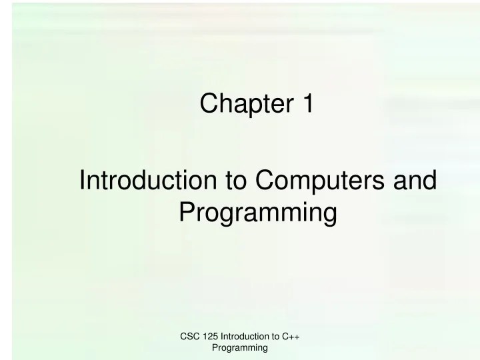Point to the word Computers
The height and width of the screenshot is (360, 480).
coord(322,182)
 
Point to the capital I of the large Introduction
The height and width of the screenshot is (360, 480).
coord(81,182)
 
